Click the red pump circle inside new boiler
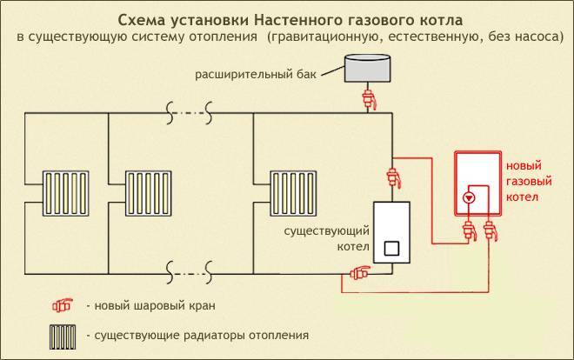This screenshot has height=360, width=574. tap(470, 197)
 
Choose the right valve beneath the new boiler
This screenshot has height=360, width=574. tap(491, 230)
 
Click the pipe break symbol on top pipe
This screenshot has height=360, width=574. tap(189, 111)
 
